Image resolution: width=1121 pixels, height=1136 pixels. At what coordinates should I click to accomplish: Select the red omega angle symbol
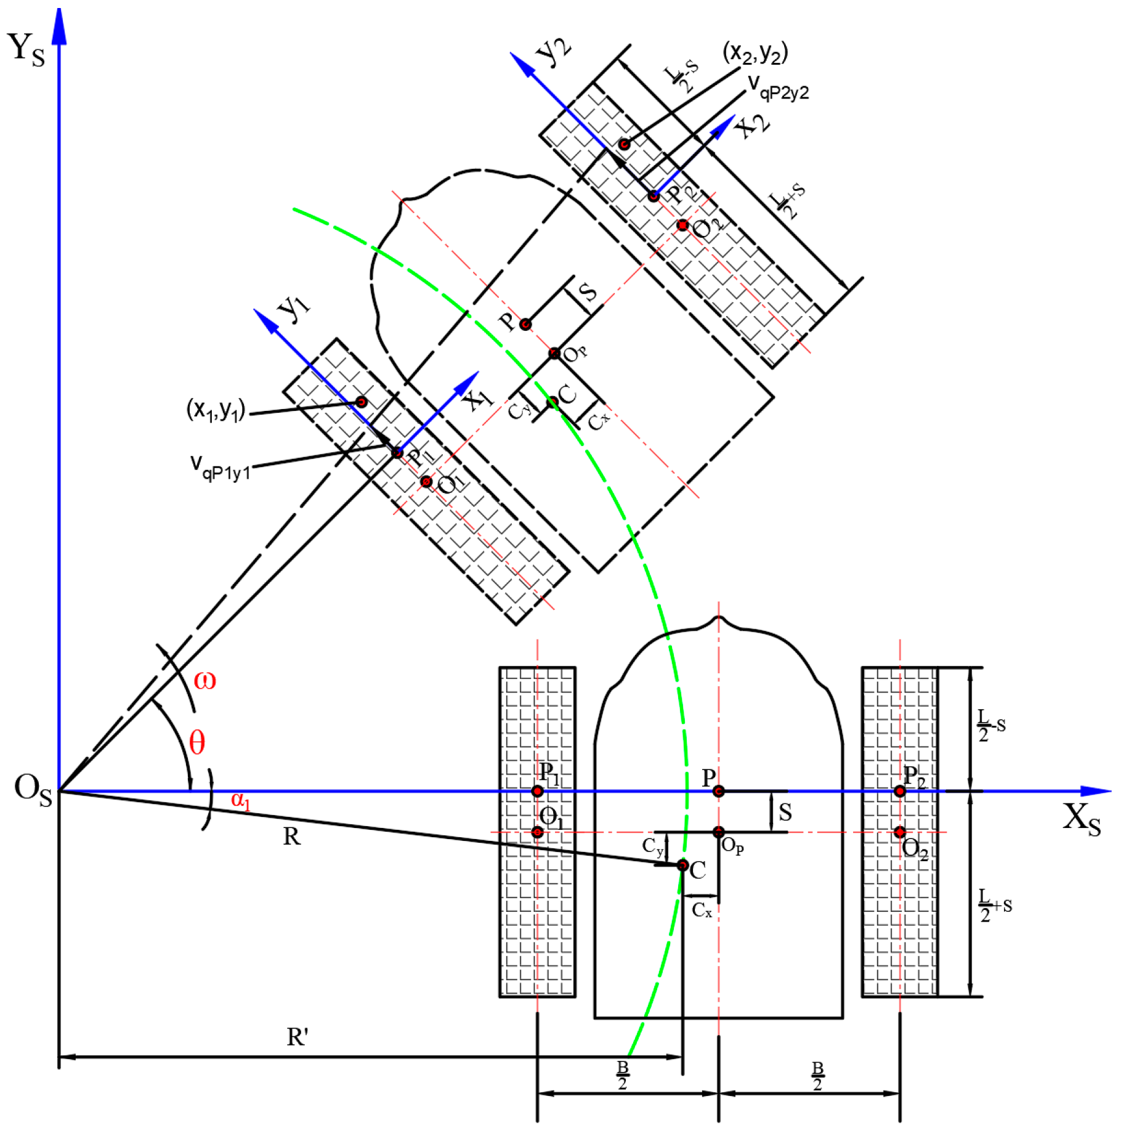point(204,680)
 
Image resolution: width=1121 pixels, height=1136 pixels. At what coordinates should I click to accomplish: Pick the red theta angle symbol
point(196,742)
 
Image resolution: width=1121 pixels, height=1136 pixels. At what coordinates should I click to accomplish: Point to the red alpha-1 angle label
point(240,800)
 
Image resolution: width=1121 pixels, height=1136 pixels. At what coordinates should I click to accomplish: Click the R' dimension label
point(297,1037)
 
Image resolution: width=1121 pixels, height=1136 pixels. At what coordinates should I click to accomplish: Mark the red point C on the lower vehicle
point(682,866)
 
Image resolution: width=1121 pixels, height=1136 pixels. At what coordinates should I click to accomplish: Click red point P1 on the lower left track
point(537,791)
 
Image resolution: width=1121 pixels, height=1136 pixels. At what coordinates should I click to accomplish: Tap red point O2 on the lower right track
point(900,832)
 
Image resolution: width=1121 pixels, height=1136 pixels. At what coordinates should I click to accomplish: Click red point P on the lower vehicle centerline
point(718,791)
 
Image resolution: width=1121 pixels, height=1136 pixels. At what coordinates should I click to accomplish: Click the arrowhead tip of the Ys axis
point(59,11)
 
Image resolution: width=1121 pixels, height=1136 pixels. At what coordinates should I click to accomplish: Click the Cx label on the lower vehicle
point(702,911)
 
